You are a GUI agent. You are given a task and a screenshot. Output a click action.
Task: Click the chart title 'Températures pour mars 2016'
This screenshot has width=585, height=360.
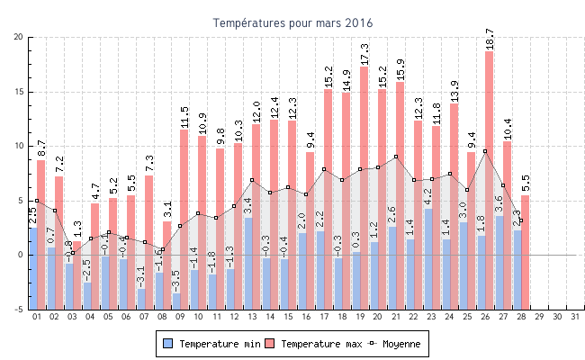point(292,22)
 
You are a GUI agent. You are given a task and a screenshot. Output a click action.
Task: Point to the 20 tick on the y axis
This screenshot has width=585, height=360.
point(19,37)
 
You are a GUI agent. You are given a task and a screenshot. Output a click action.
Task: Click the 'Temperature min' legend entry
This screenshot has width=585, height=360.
point(214,344)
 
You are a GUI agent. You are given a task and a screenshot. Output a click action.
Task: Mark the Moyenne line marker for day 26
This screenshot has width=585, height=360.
point(485,151)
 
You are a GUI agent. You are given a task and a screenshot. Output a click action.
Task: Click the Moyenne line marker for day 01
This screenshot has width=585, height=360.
point(37,201)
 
